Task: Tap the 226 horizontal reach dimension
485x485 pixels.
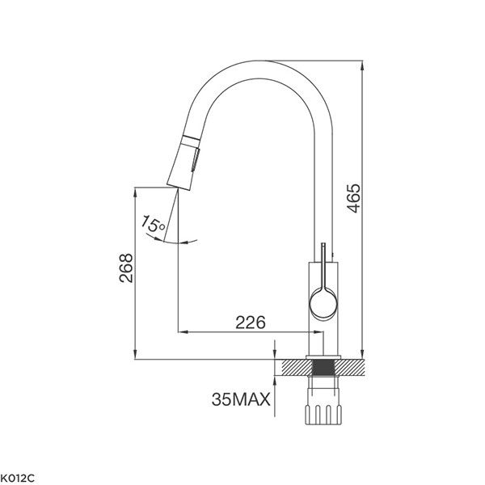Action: [x=250, y=322]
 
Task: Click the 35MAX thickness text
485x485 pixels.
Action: [x=241, y=399]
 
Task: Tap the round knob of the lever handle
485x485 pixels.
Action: [x=322, y=305]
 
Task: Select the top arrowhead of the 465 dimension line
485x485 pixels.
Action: [x=360, y=63]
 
